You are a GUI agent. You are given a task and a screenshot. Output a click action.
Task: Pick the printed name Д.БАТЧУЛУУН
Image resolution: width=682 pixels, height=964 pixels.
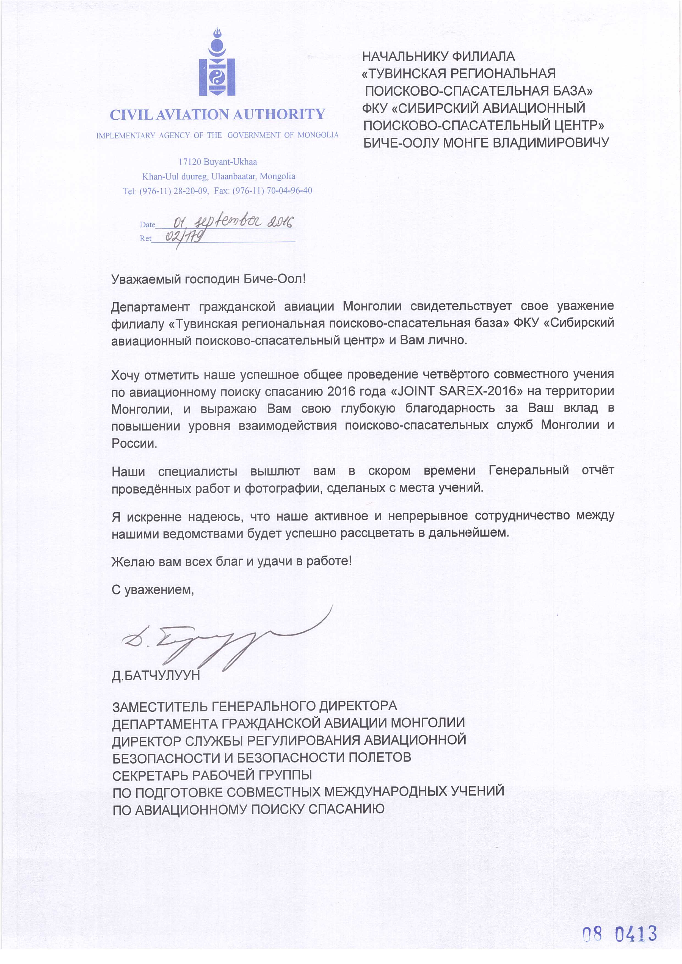pos(156,676)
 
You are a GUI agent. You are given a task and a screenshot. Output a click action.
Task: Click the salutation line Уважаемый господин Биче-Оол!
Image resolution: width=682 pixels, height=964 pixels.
pos(208,279)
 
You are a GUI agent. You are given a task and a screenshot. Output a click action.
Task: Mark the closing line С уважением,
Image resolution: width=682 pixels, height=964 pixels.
pos(153,590)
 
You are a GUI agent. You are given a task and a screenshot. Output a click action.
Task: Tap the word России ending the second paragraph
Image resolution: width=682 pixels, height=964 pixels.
pos(134,443)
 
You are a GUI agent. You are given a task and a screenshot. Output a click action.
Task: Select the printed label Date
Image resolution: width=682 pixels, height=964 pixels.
pos(147,225)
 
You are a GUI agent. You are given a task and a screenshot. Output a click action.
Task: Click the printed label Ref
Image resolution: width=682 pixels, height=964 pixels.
pos(145,239)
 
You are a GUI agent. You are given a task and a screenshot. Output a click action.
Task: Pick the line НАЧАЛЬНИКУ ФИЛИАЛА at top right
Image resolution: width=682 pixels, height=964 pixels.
pos(438,56)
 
